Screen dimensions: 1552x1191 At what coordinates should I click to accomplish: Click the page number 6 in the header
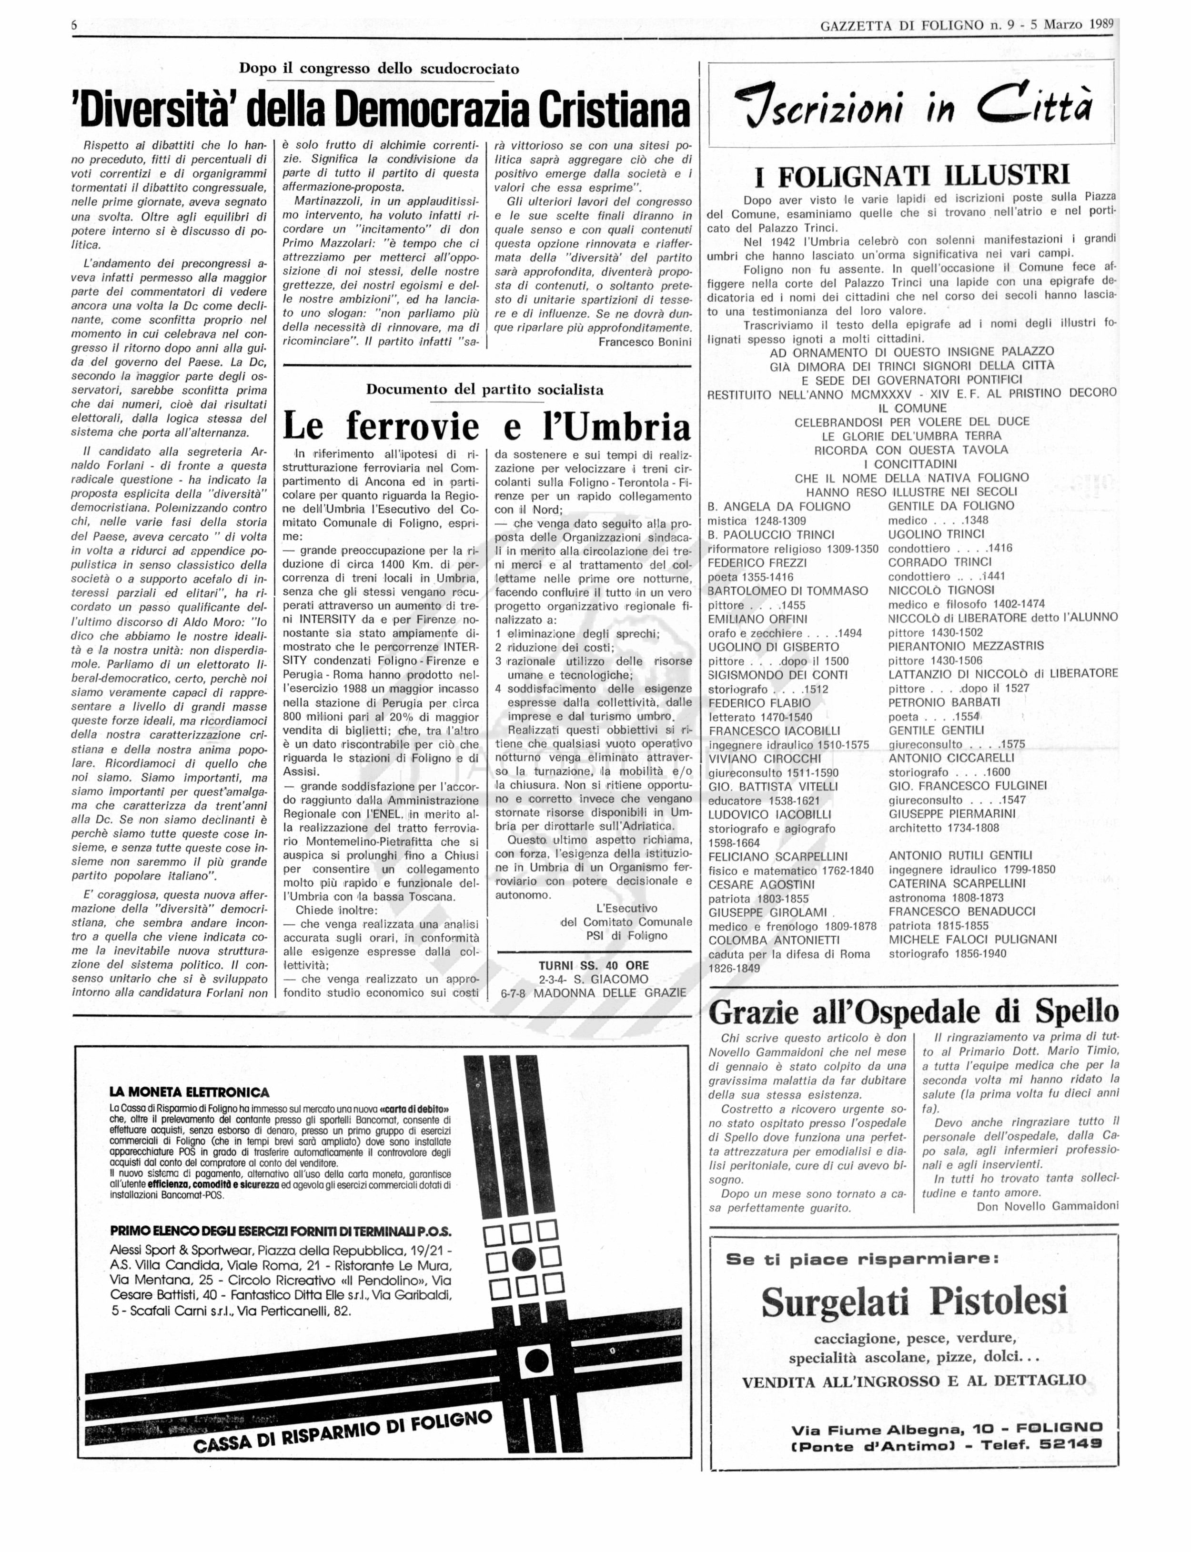click(74, 25)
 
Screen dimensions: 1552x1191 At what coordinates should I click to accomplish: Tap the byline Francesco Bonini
click(645, 342)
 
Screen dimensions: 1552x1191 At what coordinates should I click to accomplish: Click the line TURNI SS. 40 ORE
click(594, 965)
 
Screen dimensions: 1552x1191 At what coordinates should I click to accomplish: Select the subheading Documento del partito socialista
click(485, 389)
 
